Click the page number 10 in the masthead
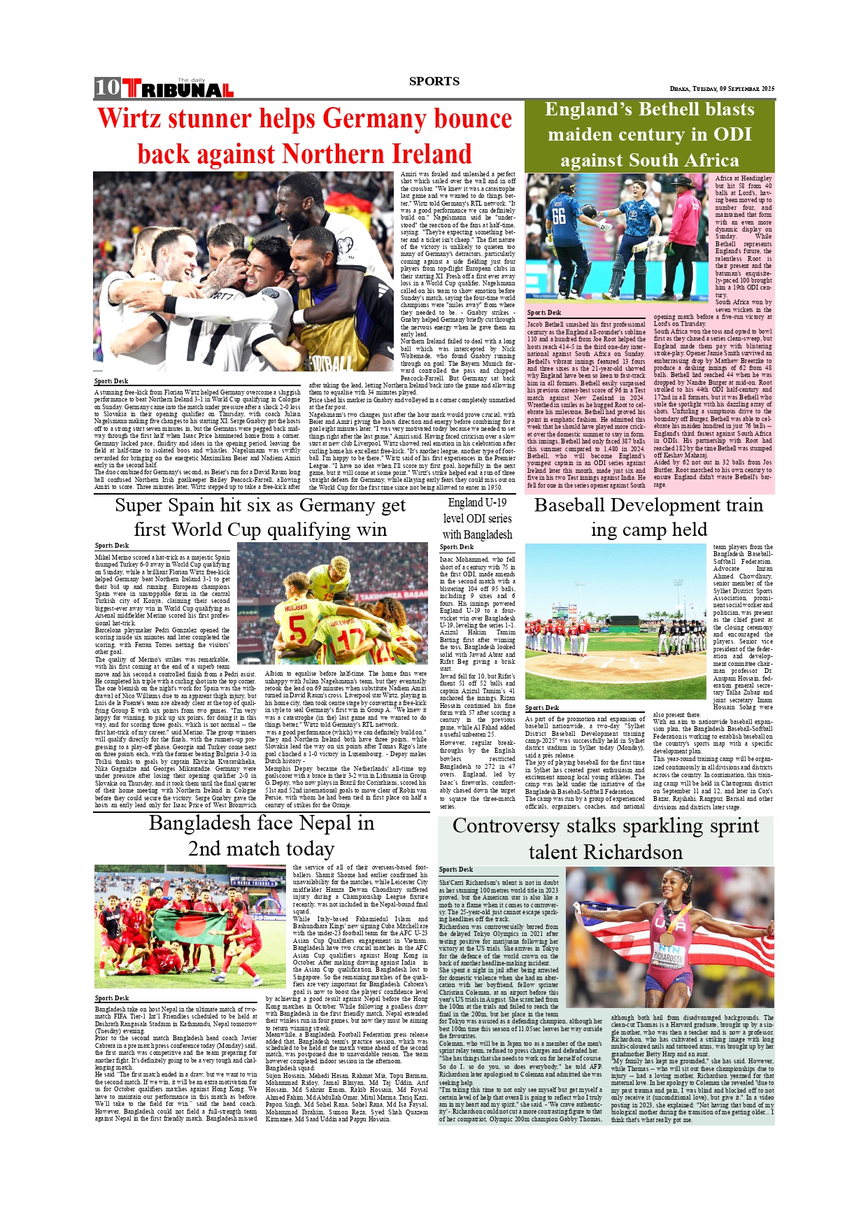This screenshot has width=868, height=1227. click(x=108, y=87)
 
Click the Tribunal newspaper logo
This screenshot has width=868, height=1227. click(x=178, y=89)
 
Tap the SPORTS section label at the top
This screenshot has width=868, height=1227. click(x=434, y=81)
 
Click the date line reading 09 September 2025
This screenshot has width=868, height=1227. click(x=721, y=89)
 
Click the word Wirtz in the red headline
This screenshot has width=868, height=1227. click(x=137, y=118)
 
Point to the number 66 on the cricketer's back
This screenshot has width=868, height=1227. click(x=559, y=215)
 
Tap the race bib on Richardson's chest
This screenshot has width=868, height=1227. click(x=669, y=954)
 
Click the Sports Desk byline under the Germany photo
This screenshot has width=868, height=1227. click(x=111, y=381)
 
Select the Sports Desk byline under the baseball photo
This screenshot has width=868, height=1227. click(x=542, y=708)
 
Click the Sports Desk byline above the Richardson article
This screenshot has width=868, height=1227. click(x=456, y=870)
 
